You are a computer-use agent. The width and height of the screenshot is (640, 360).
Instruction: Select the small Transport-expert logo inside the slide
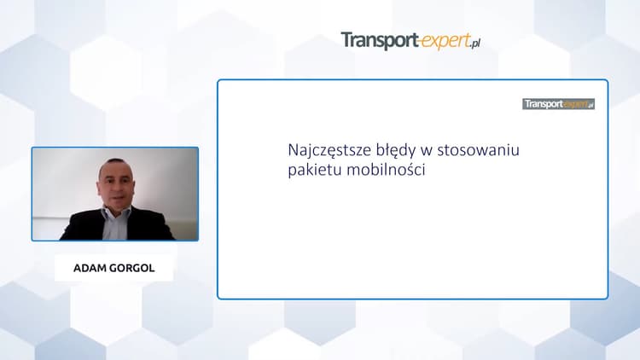click(558, 104)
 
